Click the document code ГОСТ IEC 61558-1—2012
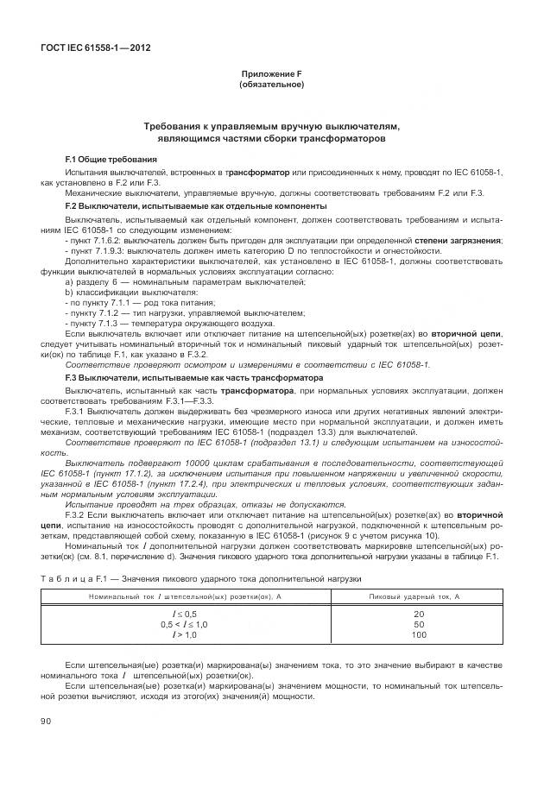95,47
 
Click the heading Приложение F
271,75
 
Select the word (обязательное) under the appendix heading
271,85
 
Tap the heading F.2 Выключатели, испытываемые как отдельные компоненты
196,206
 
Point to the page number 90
47,720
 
